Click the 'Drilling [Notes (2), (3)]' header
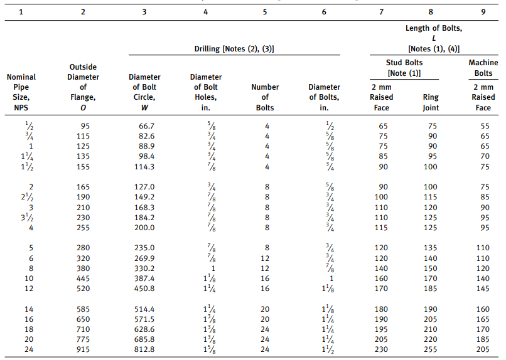[x=235, y=48]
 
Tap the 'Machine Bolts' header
[x=483, y=68]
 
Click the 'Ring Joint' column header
[x=431, y=102]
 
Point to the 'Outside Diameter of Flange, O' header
[x=83, y=87]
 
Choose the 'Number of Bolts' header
[x=265, y=97]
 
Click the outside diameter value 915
[x=83, y=349]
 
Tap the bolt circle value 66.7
[x=146, y=126]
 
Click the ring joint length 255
[x=431, y=349]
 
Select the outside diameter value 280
[x=83, y=248]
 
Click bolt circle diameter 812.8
[x=146, y=349]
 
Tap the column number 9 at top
[x=483, y=10]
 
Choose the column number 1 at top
[x=21, y=10]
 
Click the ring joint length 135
[x=431, y=248]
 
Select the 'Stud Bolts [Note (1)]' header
[x=404, y=68]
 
